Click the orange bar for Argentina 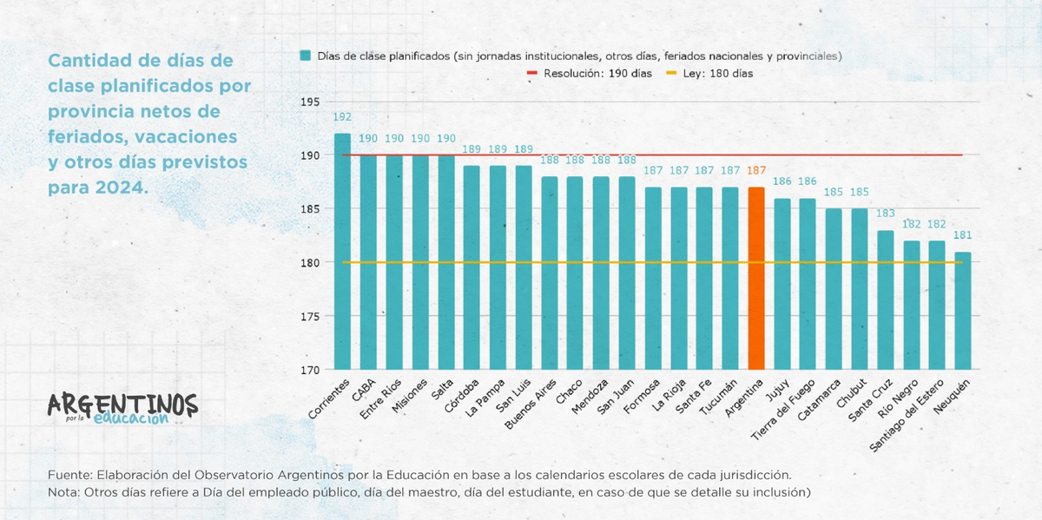(x=755, y=278)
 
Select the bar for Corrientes (x=342, y=252)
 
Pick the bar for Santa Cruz (x=885, y=299)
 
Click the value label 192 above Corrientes (x=342, y=117)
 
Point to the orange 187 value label (x=755, y=171)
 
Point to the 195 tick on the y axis (x=308, y=102)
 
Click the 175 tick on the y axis (x=308, y=316)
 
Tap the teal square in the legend (x=305, y=56)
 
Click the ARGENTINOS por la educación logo (x=122, y=408)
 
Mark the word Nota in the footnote (x=65, y=492)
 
